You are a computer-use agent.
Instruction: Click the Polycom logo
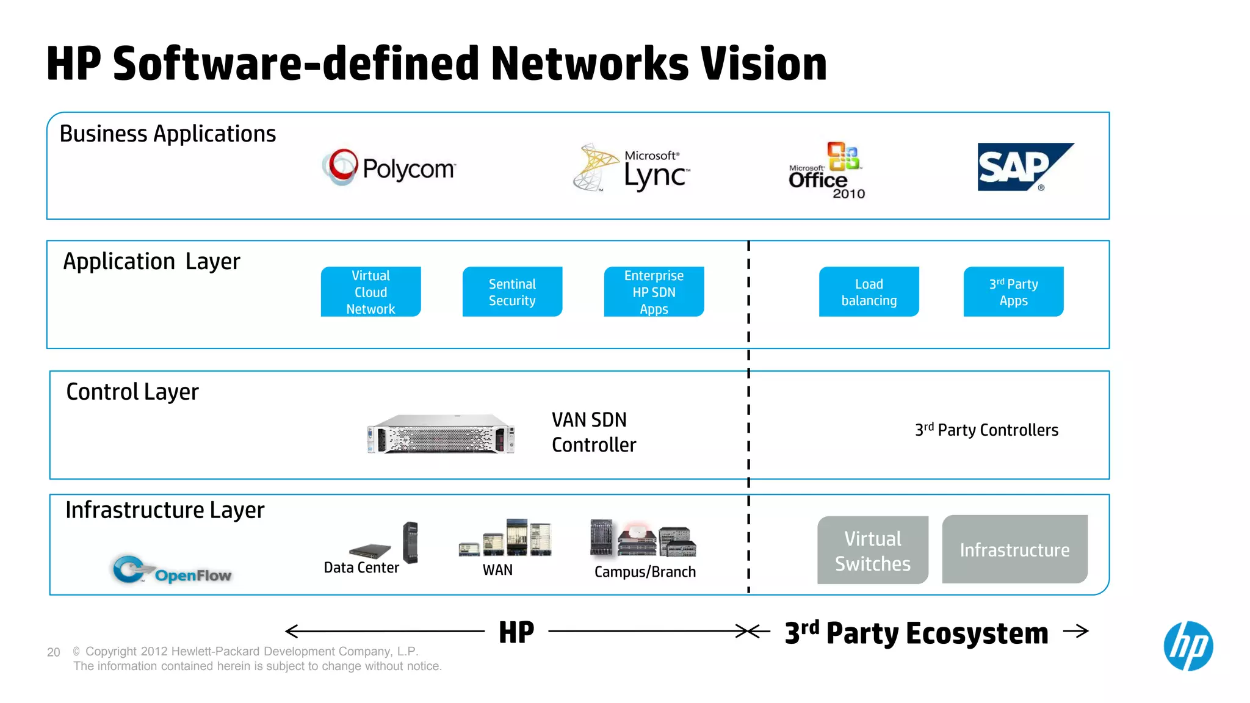click(389, 167)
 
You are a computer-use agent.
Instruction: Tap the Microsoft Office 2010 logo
click(826, 171)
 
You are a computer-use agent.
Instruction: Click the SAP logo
click(1025, 167)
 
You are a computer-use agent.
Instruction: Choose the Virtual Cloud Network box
click(370, 292)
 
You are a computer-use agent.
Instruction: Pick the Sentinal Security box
click(512, 292)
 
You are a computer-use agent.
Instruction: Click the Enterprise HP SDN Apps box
click(654, 292)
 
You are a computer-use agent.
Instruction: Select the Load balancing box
click(869, 292)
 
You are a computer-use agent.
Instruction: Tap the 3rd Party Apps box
click(1013, 292)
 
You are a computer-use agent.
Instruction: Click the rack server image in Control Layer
click(441, 434)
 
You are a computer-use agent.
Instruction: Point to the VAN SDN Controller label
click(593, 432)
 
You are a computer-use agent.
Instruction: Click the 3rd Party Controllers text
click(986, 430)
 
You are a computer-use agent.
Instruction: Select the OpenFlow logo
click(172, 570)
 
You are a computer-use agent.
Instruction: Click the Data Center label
click(361, 568)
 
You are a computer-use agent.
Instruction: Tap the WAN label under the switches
click(497, 570)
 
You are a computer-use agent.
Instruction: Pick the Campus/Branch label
click(645, 572)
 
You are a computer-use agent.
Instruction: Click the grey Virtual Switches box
click(873, 550)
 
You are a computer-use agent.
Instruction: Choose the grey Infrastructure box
click(1014, 549)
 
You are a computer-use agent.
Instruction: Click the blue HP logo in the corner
click(1188, 646)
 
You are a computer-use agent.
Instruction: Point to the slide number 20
click(54, 652)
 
